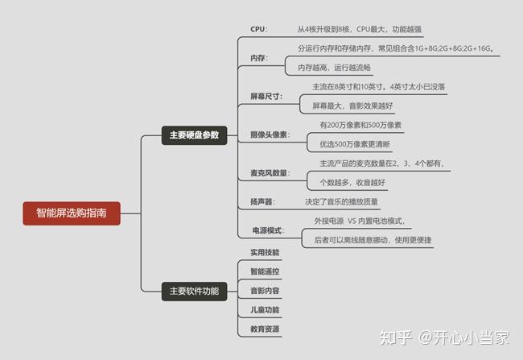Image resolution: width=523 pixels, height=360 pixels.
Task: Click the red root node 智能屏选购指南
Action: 72,213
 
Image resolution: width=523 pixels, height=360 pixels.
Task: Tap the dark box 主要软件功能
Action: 194,292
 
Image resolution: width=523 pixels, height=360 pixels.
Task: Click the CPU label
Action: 257,29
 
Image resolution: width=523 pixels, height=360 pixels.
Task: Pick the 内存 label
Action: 257,58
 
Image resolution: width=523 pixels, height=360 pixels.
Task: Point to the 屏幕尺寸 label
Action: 265,97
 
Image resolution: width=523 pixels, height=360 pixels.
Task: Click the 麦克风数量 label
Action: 269,174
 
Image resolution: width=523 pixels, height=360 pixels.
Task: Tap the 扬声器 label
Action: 261,201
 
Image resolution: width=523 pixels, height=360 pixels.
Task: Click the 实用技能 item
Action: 265,252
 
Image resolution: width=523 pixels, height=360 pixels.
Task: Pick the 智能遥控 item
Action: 265,271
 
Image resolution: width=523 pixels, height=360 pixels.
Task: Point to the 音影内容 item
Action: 265,291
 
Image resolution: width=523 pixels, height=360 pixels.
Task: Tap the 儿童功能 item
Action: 265,310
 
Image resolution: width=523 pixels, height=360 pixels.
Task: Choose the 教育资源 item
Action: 265,329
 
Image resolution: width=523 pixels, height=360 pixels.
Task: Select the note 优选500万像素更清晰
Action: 355,144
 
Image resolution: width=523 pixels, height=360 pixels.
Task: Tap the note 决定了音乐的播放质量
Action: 342,201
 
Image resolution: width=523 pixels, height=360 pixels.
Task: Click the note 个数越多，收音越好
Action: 352,183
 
